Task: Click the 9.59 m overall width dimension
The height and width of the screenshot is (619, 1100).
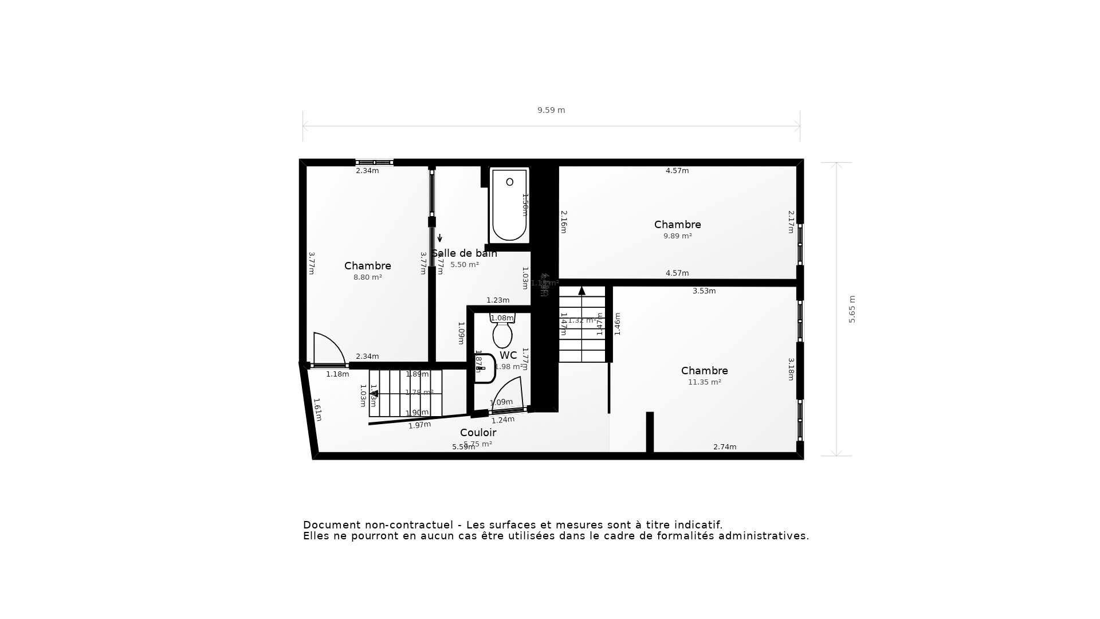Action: pyautogui.click(x=551, y=110)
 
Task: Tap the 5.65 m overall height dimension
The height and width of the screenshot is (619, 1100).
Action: pyautogui.click(x=852, y=309)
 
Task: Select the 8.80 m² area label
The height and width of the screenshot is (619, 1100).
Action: pyautogui.click(x=368, y=277)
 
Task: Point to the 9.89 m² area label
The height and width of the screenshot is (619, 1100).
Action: pyautogui.click(x=678, y=236)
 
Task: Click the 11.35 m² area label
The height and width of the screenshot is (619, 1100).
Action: pyautogui.click(x=705, y=382)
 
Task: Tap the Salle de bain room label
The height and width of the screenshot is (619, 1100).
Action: pyautogui.click(x=465, y=253)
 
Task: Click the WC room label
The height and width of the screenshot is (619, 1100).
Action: pyautogui.click(x=508, y=355)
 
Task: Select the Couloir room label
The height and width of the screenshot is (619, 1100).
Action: pyautogui.click(x=478, y=433)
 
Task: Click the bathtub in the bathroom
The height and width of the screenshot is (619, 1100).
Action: pyautogui.click(x=509, y=205)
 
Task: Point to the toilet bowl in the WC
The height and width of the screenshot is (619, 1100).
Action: pyautogui.click(x=502, y=334)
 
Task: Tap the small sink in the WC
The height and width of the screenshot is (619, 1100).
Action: pyautogui.click(x=484, y=368)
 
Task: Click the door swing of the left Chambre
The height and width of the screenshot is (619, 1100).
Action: pyautogui.click(x=328, y=349)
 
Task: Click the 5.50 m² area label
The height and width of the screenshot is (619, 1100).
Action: pyautogui.click(x=465, y=265)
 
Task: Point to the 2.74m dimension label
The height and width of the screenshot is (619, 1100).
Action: pyautogui.click(x=725, y=447)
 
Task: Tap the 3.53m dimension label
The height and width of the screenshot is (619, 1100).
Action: pyautogui.click(x=704, y=291)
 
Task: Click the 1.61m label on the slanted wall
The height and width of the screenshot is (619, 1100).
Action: pyautogui.click(x=317, y=410)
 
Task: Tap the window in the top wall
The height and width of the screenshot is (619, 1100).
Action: pyautogui.click(x=375, y=163)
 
